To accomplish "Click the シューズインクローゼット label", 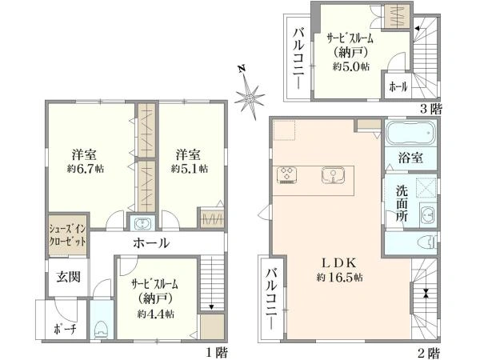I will point(66,232).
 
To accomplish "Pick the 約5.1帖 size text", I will point(189,169).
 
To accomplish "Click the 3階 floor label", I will point(430,107).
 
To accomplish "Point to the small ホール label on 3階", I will point(398,85).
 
